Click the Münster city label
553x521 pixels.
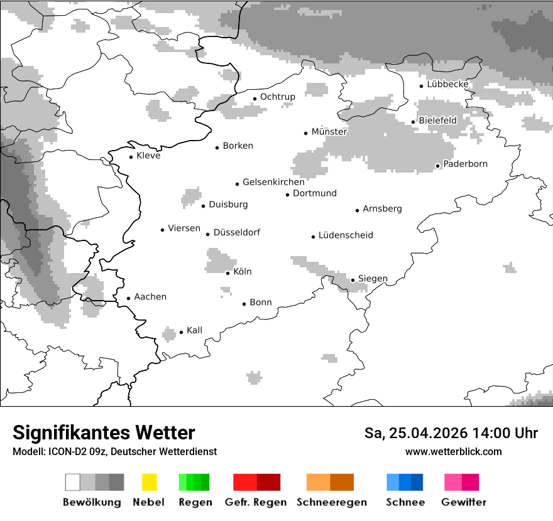click(x=329, y=132)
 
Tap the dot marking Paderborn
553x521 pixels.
click(x=437, y=166)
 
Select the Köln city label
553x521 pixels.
click(x=242, y=272)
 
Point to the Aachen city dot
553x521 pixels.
click(x=128, y=299)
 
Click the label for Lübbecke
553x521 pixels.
click(x=447, y=84)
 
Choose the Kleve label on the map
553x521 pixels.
click(x=148, y=156)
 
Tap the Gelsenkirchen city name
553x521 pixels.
click(x=273, y=182)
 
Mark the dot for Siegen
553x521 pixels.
click(x=353, y=280)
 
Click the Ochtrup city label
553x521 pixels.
click(x=277, y=97)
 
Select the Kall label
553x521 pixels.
click(x=194, y=330)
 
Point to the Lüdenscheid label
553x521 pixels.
click(x=346, y=235)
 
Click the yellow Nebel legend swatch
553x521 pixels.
click(x=149, y=482)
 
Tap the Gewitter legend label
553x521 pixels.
click(x=464, y=502)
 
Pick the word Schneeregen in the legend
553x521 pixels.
click(x=331, y=502)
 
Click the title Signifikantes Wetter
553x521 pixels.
click(x=104, y=432)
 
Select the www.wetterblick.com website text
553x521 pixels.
click(x=453, y=451)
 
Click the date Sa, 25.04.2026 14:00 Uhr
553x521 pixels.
click(x=451, y=433)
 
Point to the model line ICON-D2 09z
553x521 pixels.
click(x=114, y=451)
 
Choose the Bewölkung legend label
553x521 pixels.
click(x=92, y=502)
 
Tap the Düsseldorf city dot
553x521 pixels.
click(x=207, y=234)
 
